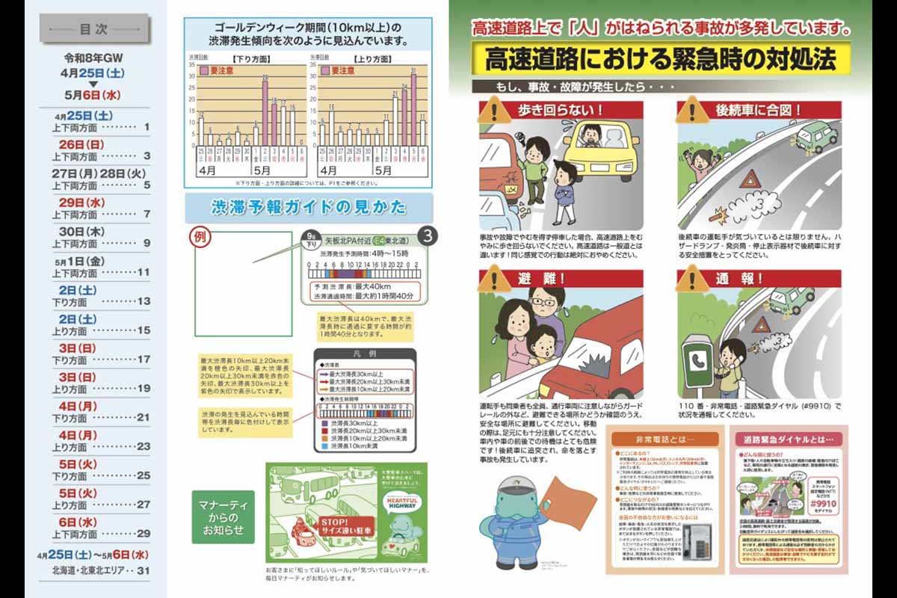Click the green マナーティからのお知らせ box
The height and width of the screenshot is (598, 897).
click(223, 517)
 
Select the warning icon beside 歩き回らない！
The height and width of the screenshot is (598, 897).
click(494, 111)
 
